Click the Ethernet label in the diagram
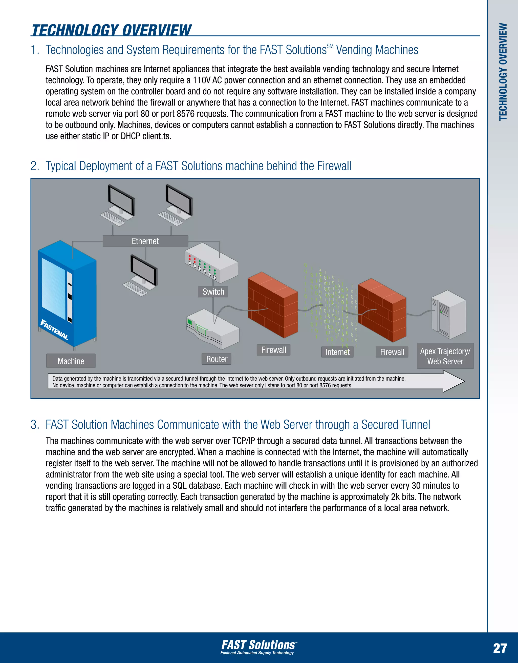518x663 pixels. [145, 241]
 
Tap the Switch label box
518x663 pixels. [213, 292]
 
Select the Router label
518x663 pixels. [217, 359]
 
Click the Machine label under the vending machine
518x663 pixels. [71, 361]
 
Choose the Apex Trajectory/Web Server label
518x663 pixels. [445, 356]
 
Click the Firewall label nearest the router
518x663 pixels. [273, 350]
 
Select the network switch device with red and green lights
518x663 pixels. [211, 263]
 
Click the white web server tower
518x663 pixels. [449, 314]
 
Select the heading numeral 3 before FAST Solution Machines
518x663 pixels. [34, 425]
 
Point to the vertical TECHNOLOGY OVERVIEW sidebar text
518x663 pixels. [503, 72]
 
